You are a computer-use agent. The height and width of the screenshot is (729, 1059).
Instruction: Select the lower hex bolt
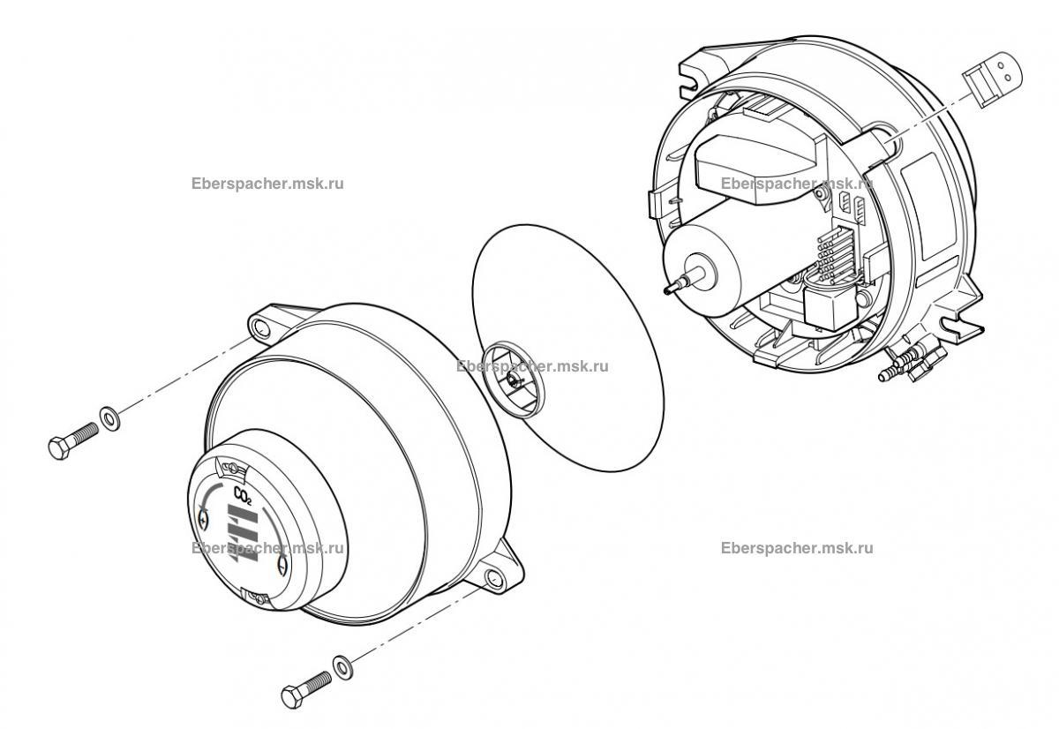pyautogui.click(x=305, y=688)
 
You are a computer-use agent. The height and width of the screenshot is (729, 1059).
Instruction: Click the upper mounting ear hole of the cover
pyautogui.click(x=261, y=329)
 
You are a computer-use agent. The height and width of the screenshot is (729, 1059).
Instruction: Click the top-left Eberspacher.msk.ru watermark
pyautogui.click(x=267, y=184)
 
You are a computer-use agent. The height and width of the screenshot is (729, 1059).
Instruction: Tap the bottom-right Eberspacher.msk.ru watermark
pyautogui.click(x=797, y=547)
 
